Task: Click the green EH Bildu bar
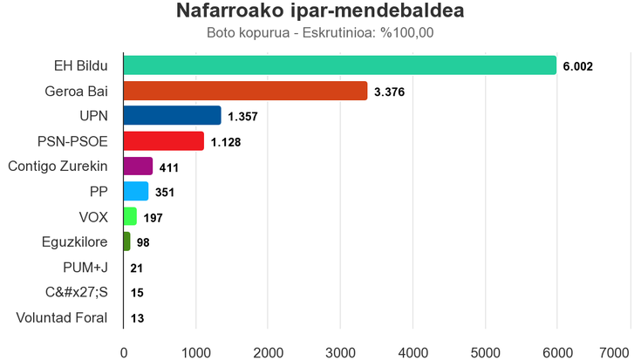point(340,65)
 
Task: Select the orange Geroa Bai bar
point(245,91)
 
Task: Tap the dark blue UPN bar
point(173,116)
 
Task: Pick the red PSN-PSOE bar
point(164,141)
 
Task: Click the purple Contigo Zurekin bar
point(138,166)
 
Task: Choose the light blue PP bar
point(136,192)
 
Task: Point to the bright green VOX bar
point(130,217)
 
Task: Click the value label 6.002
point(578,66)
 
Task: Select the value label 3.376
point(388,92)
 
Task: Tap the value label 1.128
point(226,142)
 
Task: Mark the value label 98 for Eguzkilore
point(144,242)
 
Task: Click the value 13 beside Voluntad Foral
point(137,318)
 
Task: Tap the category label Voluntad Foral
point(62,318)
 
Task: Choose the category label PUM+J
point(85,268)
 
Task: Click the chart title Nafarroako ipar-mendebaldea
point(320,12)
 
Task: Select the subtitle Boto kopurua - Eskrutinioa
point(320,34)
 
